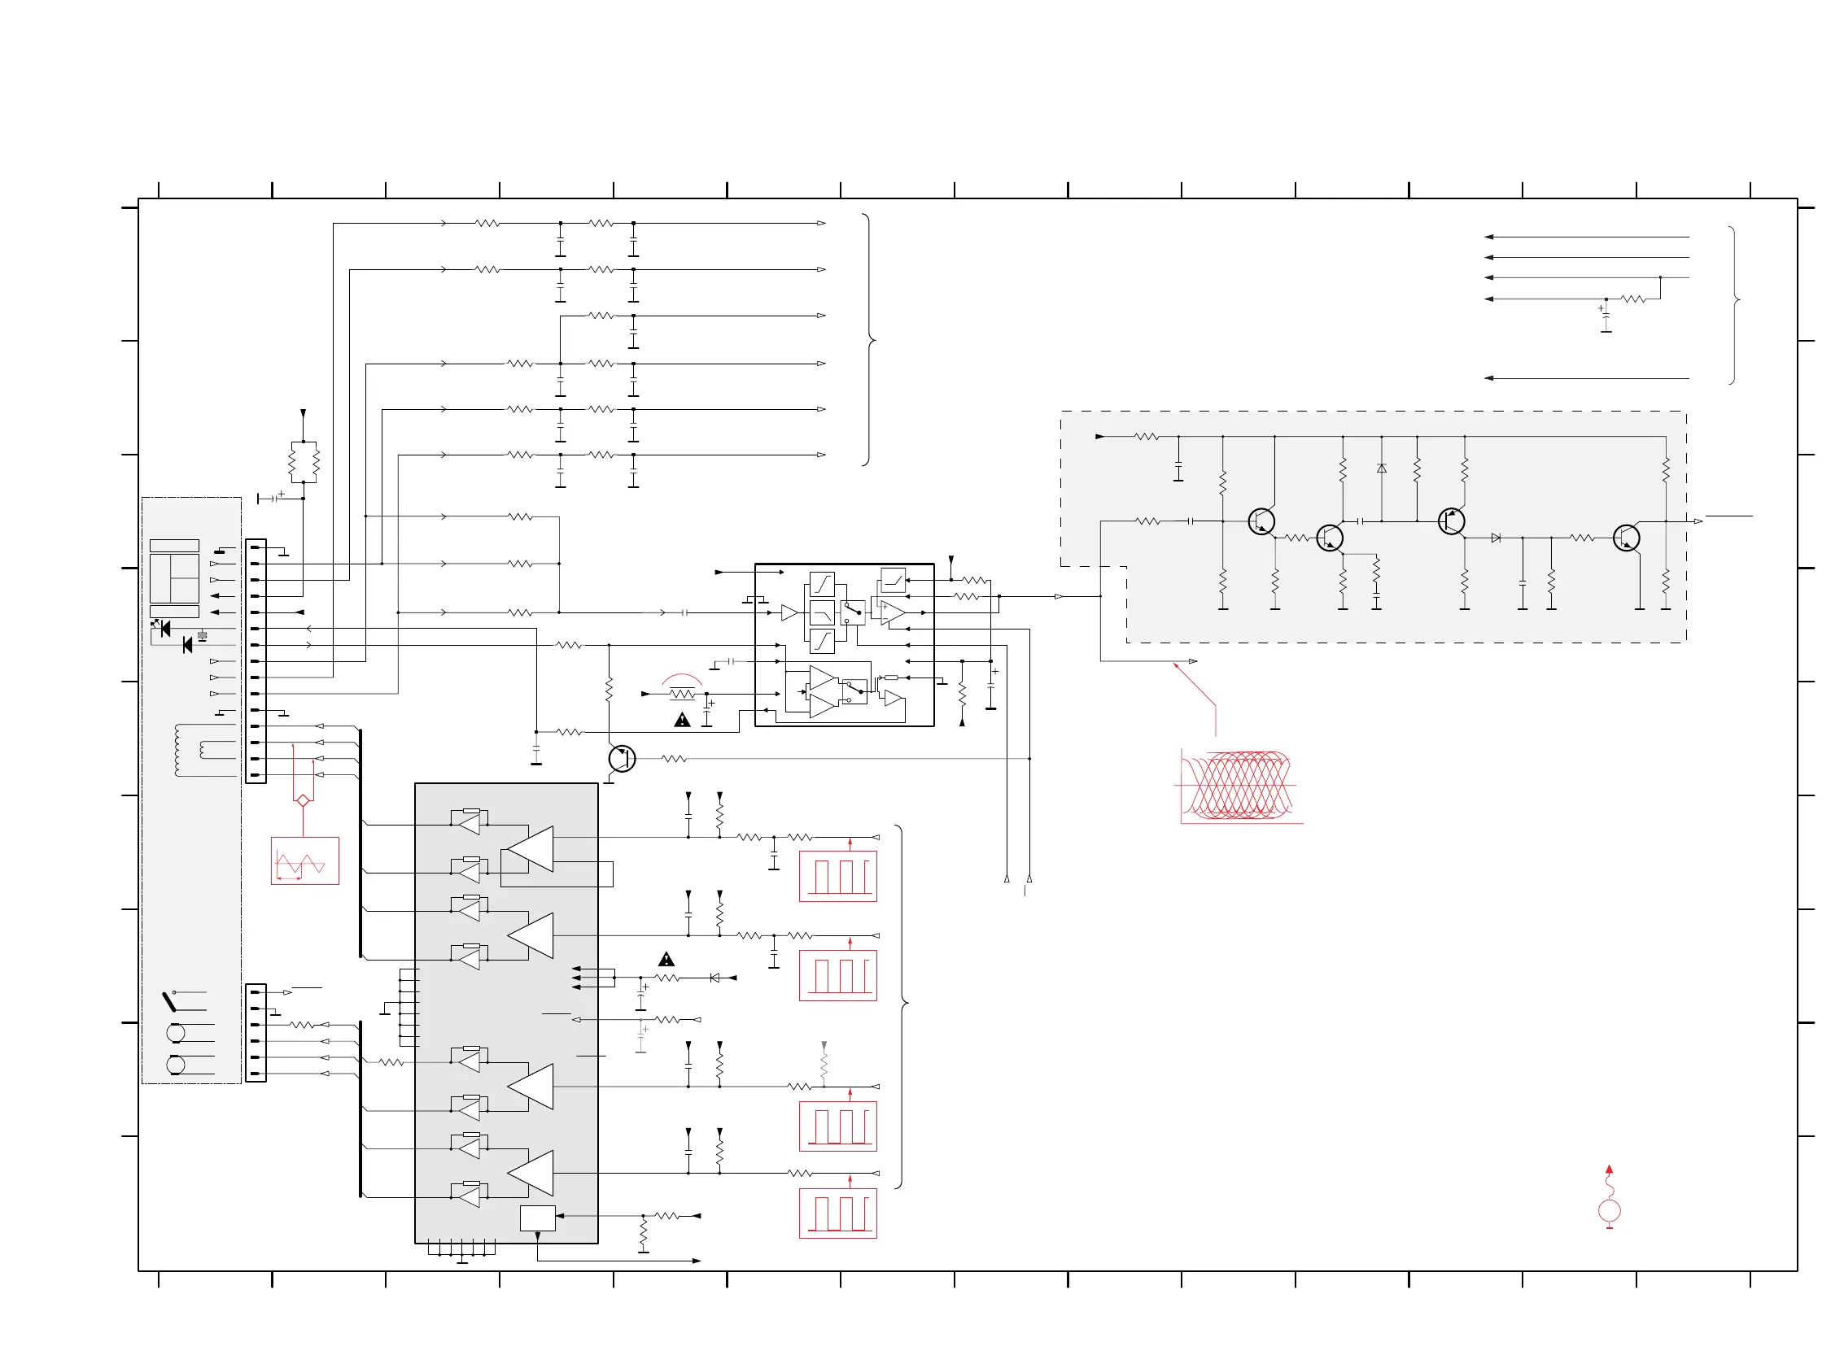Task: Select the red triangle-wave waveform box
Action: pos(305,860)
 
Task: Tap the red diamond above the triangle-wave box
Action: pos(303,800)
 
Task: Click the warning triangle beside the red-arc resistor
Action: pos(682,721)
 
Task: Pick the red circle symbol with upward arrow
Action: pos(1609,1211)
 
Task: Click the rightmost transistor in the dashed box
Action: pos(1626,538)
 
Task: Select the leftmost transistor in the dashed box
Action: pos(1261,521)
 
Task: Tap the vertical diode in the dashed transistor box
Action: pos(1381,468)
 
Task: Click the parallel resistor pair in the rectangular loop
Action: pos(304,462)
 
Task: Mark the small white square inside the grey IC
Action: pos(537,1218)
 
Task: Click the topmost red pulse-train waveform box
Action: pos(837,876)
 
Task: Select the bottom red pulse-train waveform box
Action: pos(837,1213)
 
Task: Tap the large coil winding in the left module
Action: pos(177,750)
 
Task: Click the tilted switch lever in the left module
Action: pos(169,1001)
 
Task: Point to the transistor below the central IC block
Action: pos(621,759)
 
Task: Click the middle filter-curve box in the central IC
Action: pos(822,612)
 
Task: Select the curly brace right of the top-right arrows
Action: pos(1735,305)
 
